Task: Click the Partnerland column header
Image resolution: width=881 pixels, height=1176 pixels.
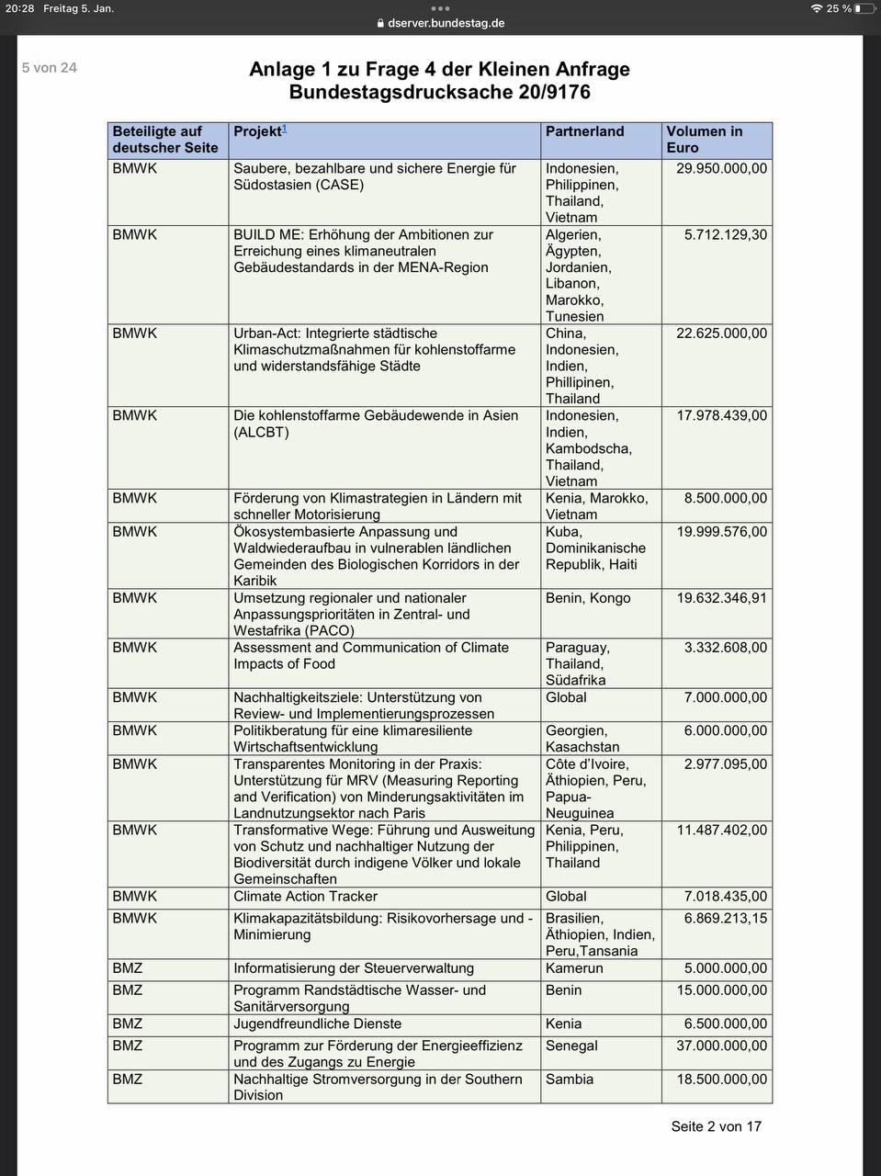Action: point(584,131)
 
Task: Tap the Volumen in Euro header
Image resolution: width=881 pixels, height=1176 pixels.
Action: point(704,140)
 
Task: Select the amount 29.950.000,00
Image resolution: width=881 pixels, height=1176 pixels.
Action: point(721,168)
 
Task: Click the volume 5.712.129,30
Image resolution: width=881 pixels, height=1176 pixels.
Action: point(725,234)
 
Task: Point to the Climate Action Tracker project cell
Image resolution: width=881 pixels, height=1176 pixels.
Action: point(305,896)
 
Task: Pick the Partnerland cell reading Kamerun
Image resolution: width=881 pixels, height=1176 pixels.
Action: point(574,967)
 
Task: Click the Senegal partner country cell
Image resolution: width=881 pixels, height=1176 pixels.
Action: point(571,1046)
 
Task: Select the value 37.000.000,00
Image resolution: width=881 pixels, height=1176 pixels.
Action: point(721,1046)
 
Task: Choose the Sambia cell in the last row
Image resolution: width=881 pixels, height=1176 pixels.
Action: point(570,1079)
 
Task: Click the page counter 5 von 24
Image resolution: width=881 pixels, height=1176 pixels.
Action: point(50,68)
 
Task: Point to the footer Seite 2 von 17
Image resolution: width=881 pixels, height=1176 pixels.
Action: point(716,1126)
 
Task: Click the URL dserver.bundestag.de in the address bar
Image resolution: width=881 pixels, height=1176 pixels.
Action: point(446,23)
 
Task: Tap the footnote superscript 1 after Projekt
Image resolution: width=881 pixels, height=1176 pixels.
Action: point(285,128)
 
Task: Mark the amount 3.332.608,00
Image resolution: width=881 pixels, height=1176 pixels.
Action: point(725,647)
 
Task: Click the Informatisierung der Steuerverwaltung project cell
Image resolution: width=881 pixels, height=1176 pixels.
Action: point(354,967)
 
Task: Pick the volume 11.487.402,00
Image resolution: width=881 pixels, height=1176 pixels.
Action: point(721,830)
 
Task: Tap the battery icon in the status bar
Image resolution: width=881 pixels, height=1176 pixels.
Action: point(864,8)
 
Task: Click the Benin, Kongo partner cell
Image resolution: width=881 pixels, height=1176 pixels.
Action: point(588,597)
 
